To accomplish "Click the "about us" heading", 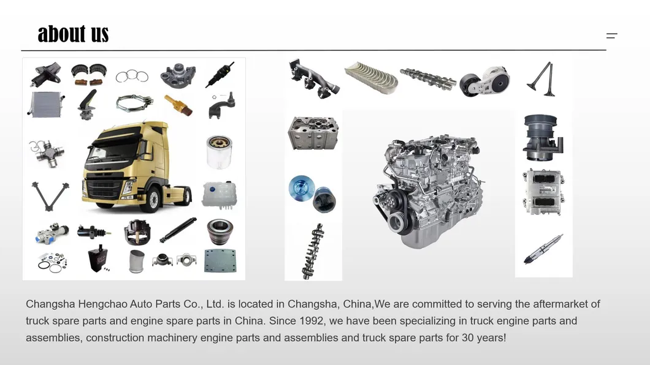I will [x=73, y=34].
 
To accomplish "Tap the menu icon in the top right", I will [x=611, y=36].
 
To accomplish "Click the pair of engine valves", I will [x=542, y=80].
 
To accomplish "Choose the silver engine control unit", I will [x=543, y=192].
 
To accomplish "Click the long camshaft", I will [x=427, y=80].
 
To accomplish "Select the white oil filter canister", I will [x=219, y=152].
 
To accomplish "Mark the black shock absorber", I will [x=178, y=230].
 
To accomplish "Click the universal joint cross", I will [x=45, y=152].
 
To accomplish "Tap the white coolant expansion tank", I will [x=219, y=194].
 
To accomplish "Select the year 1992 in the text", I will [x=312, y=321].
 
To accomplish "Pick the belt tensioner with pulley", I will [x=484, y=80].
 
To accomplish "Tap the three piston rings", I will [x=132, y=76].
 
